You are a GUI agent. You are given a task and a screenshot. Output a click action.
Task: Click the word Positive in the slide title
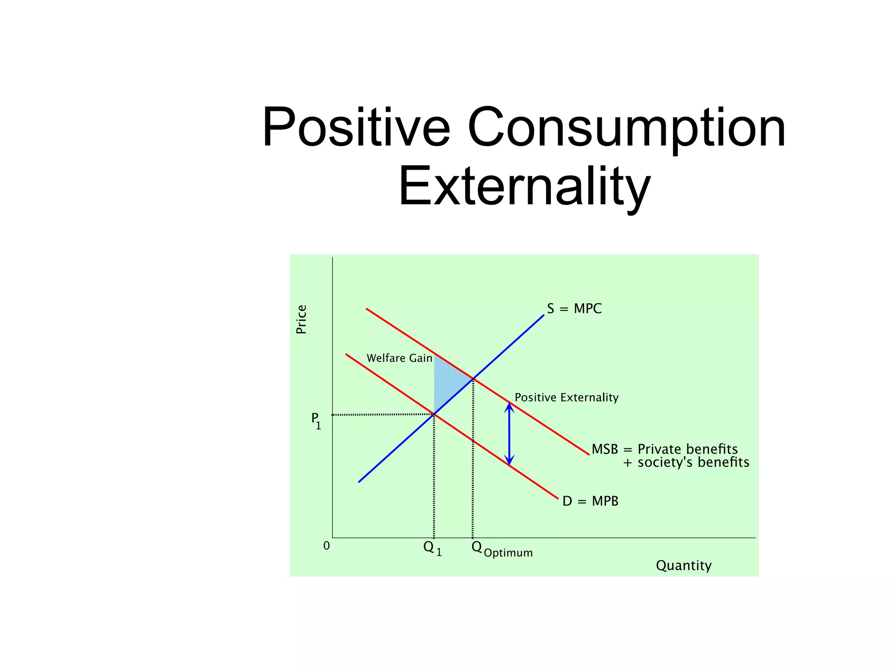(356, 128)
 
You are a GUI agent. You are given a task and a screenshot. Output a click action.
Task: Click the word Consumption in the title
(626, 128)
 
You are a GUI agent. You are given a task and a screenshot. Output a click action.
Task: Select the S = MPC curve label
(574, 309)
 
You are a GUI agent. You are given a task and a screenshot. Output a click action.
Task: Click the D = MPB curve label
(590, 501)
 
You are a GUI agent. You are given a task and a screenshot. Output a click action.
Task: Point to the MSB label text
(605, 449)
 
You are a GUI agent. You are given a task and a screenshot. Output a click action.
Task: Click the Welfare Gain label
(399, 358)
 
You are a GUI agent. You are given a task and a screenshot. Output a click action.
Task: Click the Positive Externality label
(566, 397)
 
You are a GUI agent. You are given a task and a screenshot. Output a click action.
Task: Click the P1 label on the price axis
(316, 421)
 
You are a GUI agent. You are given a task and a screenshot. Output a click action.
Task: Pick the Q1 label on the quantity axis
(432, 548)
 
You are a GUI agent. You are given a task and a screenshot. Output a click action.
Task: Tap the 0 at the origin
(327, 545)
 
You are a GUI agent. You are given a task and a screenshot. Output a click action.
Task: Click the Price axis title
(301, 319)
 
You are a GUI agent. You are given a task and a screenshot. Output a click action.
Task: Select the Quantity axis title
(683, 565)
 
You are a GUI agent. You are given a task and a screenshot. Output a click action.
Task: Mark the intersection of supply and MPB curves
(434, 414)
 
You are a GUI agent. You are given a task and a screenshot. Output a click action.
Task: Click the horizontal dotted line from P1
(383, 414)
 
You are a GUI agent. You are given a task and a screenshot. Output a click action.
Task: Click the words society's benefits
(693, 462)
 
